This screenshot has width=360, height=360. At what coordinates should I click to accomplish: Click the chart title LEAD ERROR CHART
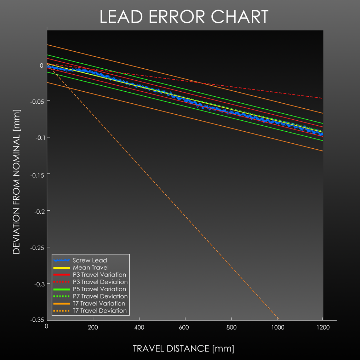184,17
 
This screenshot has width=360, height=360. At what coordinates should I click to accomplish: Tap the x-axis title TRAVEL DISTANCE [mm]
183,348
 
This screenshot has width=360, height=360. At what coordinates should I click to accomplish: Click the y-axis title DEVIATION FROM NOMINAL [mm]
17,182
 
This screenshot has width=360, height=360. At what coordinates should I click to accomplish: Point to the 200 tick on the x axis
93,327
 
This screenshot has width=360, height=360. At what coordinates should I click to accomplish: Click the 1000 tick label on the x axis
278,327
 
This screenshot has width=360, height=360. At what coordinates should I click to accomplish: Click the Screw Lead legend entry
90,261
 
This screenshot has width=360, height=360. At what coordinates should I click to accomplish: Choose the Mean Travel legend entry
91,268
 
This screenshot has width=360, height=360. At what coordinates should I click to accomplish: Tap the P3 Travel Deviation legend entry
100,282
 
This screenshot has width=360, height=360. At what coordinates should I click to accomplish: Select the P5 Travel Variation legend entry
99,289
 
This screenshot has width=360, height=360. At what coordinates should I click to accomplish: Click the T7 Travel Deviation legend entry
99,311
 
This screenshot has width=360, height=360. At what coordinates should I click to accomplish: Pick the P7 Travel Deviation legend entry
100,296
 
